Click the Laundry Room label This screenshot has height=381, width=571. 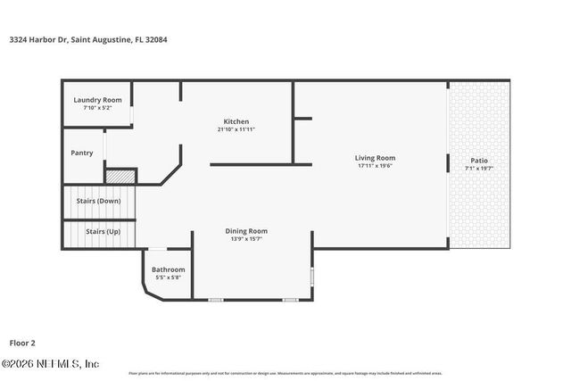tap(97, 100)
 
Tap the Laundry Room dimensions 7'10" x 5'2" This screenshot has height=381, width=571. tap(97, 108)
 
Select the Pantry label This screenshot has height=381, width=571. tap(82, 153)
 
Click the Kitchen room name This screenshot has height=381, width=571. tap(236, 121)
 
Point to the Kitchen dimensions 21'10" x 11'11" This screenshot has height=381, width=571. tap(236, 129)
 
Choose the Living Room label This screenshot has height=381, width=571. tap(376, 157)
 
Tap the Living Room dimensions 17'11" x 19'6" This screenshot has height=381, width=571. tap(376, 165)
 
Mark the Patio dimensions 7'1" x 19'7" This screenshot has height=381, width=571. tap(479, 168)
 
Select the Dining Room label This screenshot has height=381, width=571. tap(246, 231)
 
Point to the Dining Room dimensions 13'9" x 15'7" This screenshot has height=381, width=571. tap(246, 239)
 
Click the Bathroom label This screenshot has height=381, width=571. tap(168, 269)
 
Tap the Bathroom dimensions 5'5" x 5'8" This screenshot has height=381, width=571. tap(168, 277)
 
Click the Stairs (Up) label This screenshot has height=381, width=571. tap(103, 231)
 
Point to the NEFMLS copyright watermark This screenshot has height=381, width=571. tap(51, 363)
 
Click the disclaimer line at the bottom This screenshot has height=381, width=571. tap(285, 373)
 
